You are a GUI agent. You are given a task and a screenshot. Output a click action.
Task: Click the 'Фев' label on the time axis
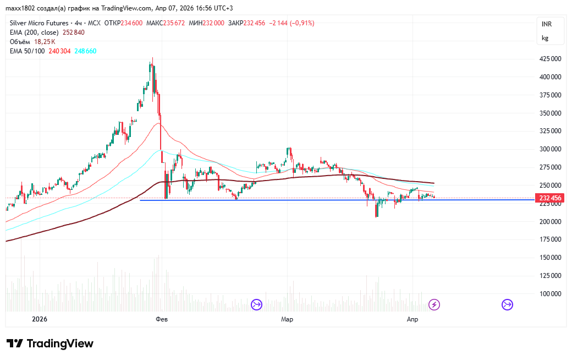pos(161,319)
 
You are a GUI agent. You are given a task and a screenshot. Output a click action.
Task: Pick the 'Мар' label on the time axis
pos(287,319)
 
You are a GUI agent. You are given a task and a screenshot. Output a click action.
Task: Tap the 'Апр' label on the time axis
pos(412,319)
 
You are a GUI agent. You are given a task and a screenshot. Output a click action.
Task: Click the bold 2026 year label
pos(40,319)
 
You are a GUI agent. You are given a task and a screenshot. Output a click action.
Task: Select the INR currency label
pos(546,24)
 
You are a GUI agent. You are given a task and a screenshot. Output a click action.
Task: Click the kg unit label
pos(545,38)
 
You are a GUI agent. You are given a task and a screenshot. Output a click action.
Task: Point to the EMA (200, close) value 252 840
pos(73,32)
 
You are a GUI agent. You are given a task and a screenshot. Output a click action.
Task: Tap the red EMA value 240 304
pos(60,51)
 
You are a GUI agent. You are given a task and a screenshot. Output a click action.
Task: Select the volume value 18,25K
pos(45,42)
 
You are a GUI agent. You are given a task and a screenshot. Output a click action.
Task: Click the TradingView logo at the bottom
pos(50,343)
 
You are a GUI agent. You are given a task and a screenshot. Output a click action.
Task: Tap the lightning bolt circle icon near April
pos(434,304)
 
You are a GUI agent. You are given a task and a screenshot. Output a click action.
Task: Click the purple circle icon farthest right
pos(507,304)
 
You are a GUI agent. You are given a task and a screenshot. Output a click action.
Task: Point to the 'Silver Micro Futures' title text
pos(39,23)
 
